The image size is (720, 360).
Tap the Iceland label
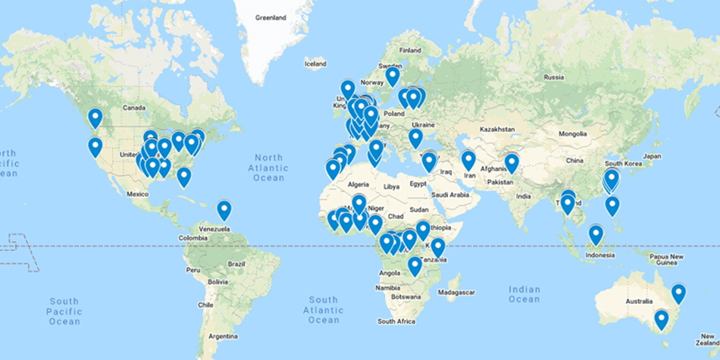coord(315,64)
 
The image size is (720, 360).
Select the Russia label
coord(554,77)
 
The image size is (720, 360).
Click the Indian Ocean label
coord(524,294)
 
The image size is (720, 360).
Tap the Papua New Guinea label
coord(667,259)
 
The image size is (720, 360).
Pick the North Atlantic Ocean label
coord(268,167)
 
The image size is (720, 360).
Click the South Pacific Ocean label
coord(64,311)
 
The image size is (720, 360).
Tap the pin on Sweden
coord(392,76)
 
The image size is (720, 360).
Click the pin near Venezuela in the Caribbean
coord(224,209)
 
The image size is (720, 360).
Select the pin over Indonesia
coord(596,234)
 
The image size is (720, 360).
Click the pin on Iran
coord(468,160)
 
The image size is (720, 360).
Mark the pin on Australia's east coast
coord(678,293)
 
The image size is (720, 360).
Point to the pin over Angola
coord(415,265)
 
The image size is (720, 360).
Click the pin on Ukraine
coord(415,138)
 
